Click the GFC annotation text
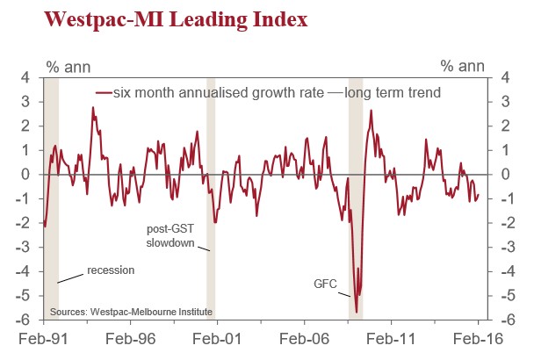(x=326, y=284)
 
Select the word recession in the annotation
(x=111, y=270)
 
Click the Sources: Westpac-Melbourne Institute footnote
(x=131, y=312)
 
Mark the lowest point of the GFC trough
(x=357, y=312)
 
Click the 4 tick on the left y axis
(x=26, y=77)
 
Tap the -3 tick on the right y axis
(x=505, y=247)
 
